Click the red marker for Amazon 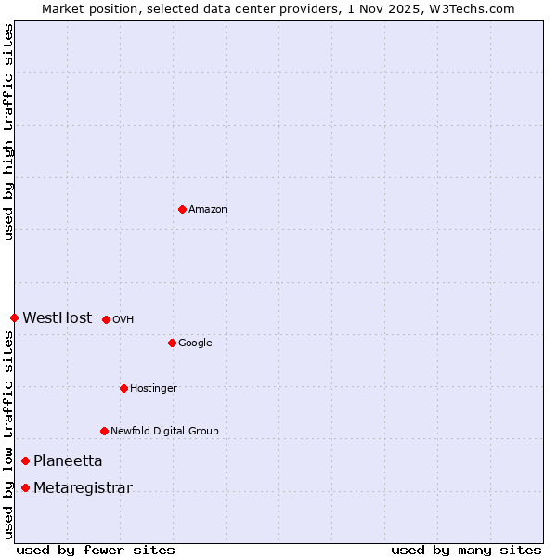pyautogui.click(x=182, y=209)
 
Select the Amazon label pyautogui.click(x=208, y=210)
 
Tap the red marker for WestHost pyautogui.click(x=14, y=317)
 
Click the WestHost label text pyautogui.click(x=58, y=318)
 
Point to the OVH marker pyautogui.click(x=106, y=319)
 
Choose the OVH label pyautogui.click(x=123, y=320)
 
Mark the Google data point pyautogui.click(x=172, y=343)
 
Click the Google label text pyautogui.click(x=195, y=343)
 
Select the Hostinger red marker pyautogui.click(x=123, y=388)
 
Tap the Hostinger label pyautogui.click(x=153, y=389)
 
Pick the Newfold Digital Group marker pyautogui.click(x=104, y=431)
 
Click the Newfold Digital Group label pyautogui.click(x=164, y=432)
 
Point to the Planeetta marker pyautogui.click(x=25, y=460)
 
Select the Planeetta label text pyautogui.click(x=68, y=461)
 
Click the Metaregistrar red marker pyautogui.click(x=25, y=487)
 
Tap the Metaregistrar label pyautogui.click(x=83, y=488)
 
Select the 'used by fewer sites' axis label pyautogui.click(x=96, y=550)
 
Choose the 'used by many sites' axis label pyautogui.click(x=466, y=550)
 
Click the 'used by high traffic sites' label pyautogui.click(x=9, y=133)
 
